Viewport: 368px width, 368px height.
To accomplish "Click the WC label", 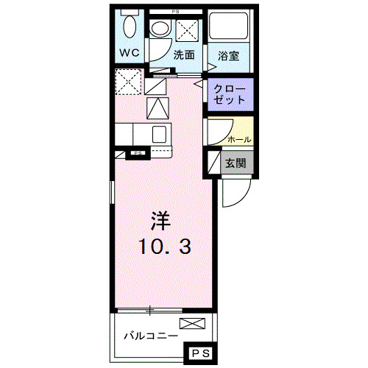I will (x=130, y=53).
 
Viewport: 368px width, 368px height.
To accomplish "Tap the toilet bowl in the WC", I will (x=130, y=27).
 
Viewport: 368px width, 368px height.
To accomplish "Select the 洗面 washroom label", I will (x=184, y=54).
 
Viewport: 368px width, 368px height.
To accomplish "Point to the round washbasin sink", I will (x=160, y=29).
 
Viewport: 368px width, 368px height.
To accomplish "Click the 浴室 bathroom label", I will (x=228, y=54).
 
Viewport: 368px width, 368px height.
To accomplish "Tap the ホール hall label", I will (x=239, y=139).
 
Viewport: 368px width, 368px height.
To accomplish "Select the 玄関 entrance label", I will (x=236, y=163).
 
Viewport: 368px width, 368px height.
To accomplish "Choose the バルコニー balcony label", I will (x=149, y=335).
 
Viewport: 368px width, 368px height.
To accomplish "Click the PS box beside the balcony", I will (x=200, y=354).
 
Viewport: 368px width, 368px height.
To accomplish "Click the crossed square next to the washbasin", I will (x=186, y=30).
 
